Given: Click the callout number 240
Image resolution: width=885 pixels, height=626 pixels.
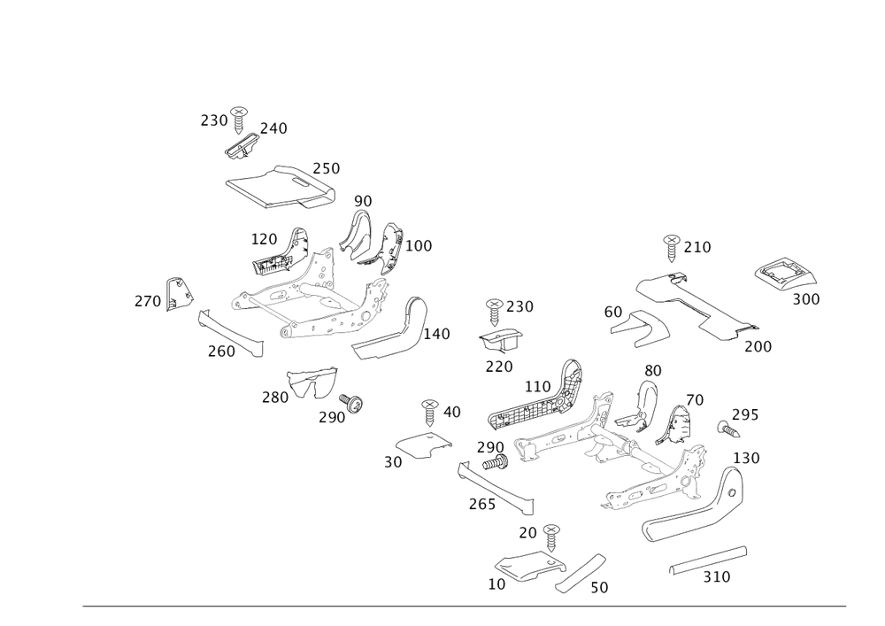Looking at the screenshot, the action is click(274, 128).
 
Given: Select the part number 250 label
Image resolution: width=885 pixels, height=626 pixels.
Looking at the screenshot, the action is click(327, 167).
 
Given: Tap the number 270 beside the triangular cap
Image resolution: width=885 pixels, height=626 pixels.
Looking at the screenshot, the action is click(147, 302).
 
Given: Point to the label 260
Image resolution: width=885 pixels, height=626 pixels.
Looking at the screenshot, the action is click(221, 352).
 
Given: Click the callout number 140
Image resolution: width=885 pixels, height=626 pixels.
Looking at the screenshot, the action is click(437, 335).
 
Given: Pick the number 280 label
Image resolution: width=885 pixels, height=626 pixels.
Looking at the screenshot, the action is click(274, 398).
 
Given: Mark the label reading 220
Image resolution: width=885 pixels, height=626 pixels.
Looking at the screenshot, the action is click(499, 366).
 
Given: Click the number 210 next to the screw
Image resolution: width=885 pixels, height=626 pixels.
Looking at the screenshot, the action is click(697, 246).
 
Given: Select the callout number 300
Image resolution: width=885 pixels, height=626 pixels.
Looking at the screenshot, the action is click(806, 300).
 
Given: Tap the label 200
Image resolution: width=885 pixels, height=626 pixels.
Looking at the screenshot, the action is click(758, 346).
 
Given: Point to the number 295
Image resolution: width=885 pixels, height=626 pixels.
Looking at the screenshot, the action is click(746, 414).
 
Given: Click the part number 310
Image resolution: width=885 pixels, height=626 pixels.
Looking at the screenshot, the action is click(717, 577).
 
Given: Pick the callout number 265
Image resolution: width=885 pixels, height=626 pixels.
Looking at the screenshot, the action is click(482, 503).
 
